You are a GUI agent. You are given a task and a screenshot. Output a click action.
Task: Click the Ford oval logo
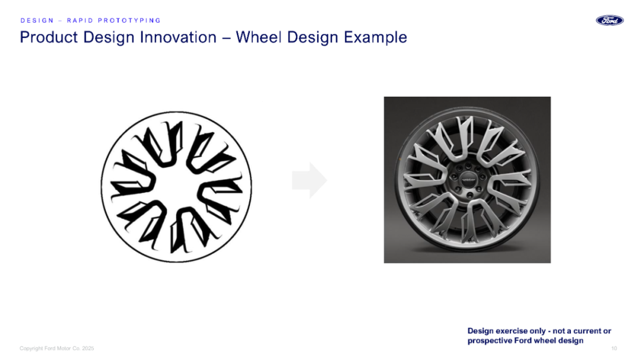point(610,20)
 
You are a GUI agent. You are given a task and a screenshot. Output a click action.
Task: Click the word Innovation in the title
point(178,37)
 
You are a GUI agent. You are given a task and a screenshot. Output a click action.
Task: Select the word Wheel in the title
point(259,37)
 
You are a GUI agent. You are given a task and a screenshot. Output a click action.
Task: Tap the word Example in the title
point(375,37)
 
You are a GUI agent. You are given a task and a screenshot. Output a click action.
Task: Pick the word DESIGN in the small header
point(37,20)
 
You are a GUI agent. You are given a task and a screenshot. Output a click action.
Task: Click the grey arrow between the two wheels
point(309,180)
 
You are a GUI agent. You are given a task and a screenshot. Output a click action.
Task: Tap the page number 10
point(614,348)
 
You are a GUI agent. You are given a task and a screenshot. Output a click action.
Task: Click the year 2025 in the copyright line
point(88,348)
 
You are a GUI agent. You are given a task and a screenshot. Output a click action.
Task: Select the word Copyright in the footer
point(31,348)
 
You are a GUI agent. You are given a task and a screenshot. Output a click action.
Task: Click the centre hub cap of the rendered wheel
point(468,179)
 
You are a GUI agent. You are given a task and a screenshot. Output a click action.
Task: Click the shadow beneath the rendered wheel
point(467,248)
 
